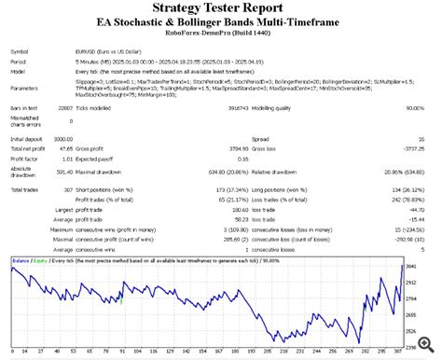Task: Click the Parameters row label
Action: pos(26,89)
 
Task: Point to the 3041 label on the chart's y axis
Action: pos(419,267)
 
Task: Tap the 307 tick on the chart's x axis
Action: pos(402,353)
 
